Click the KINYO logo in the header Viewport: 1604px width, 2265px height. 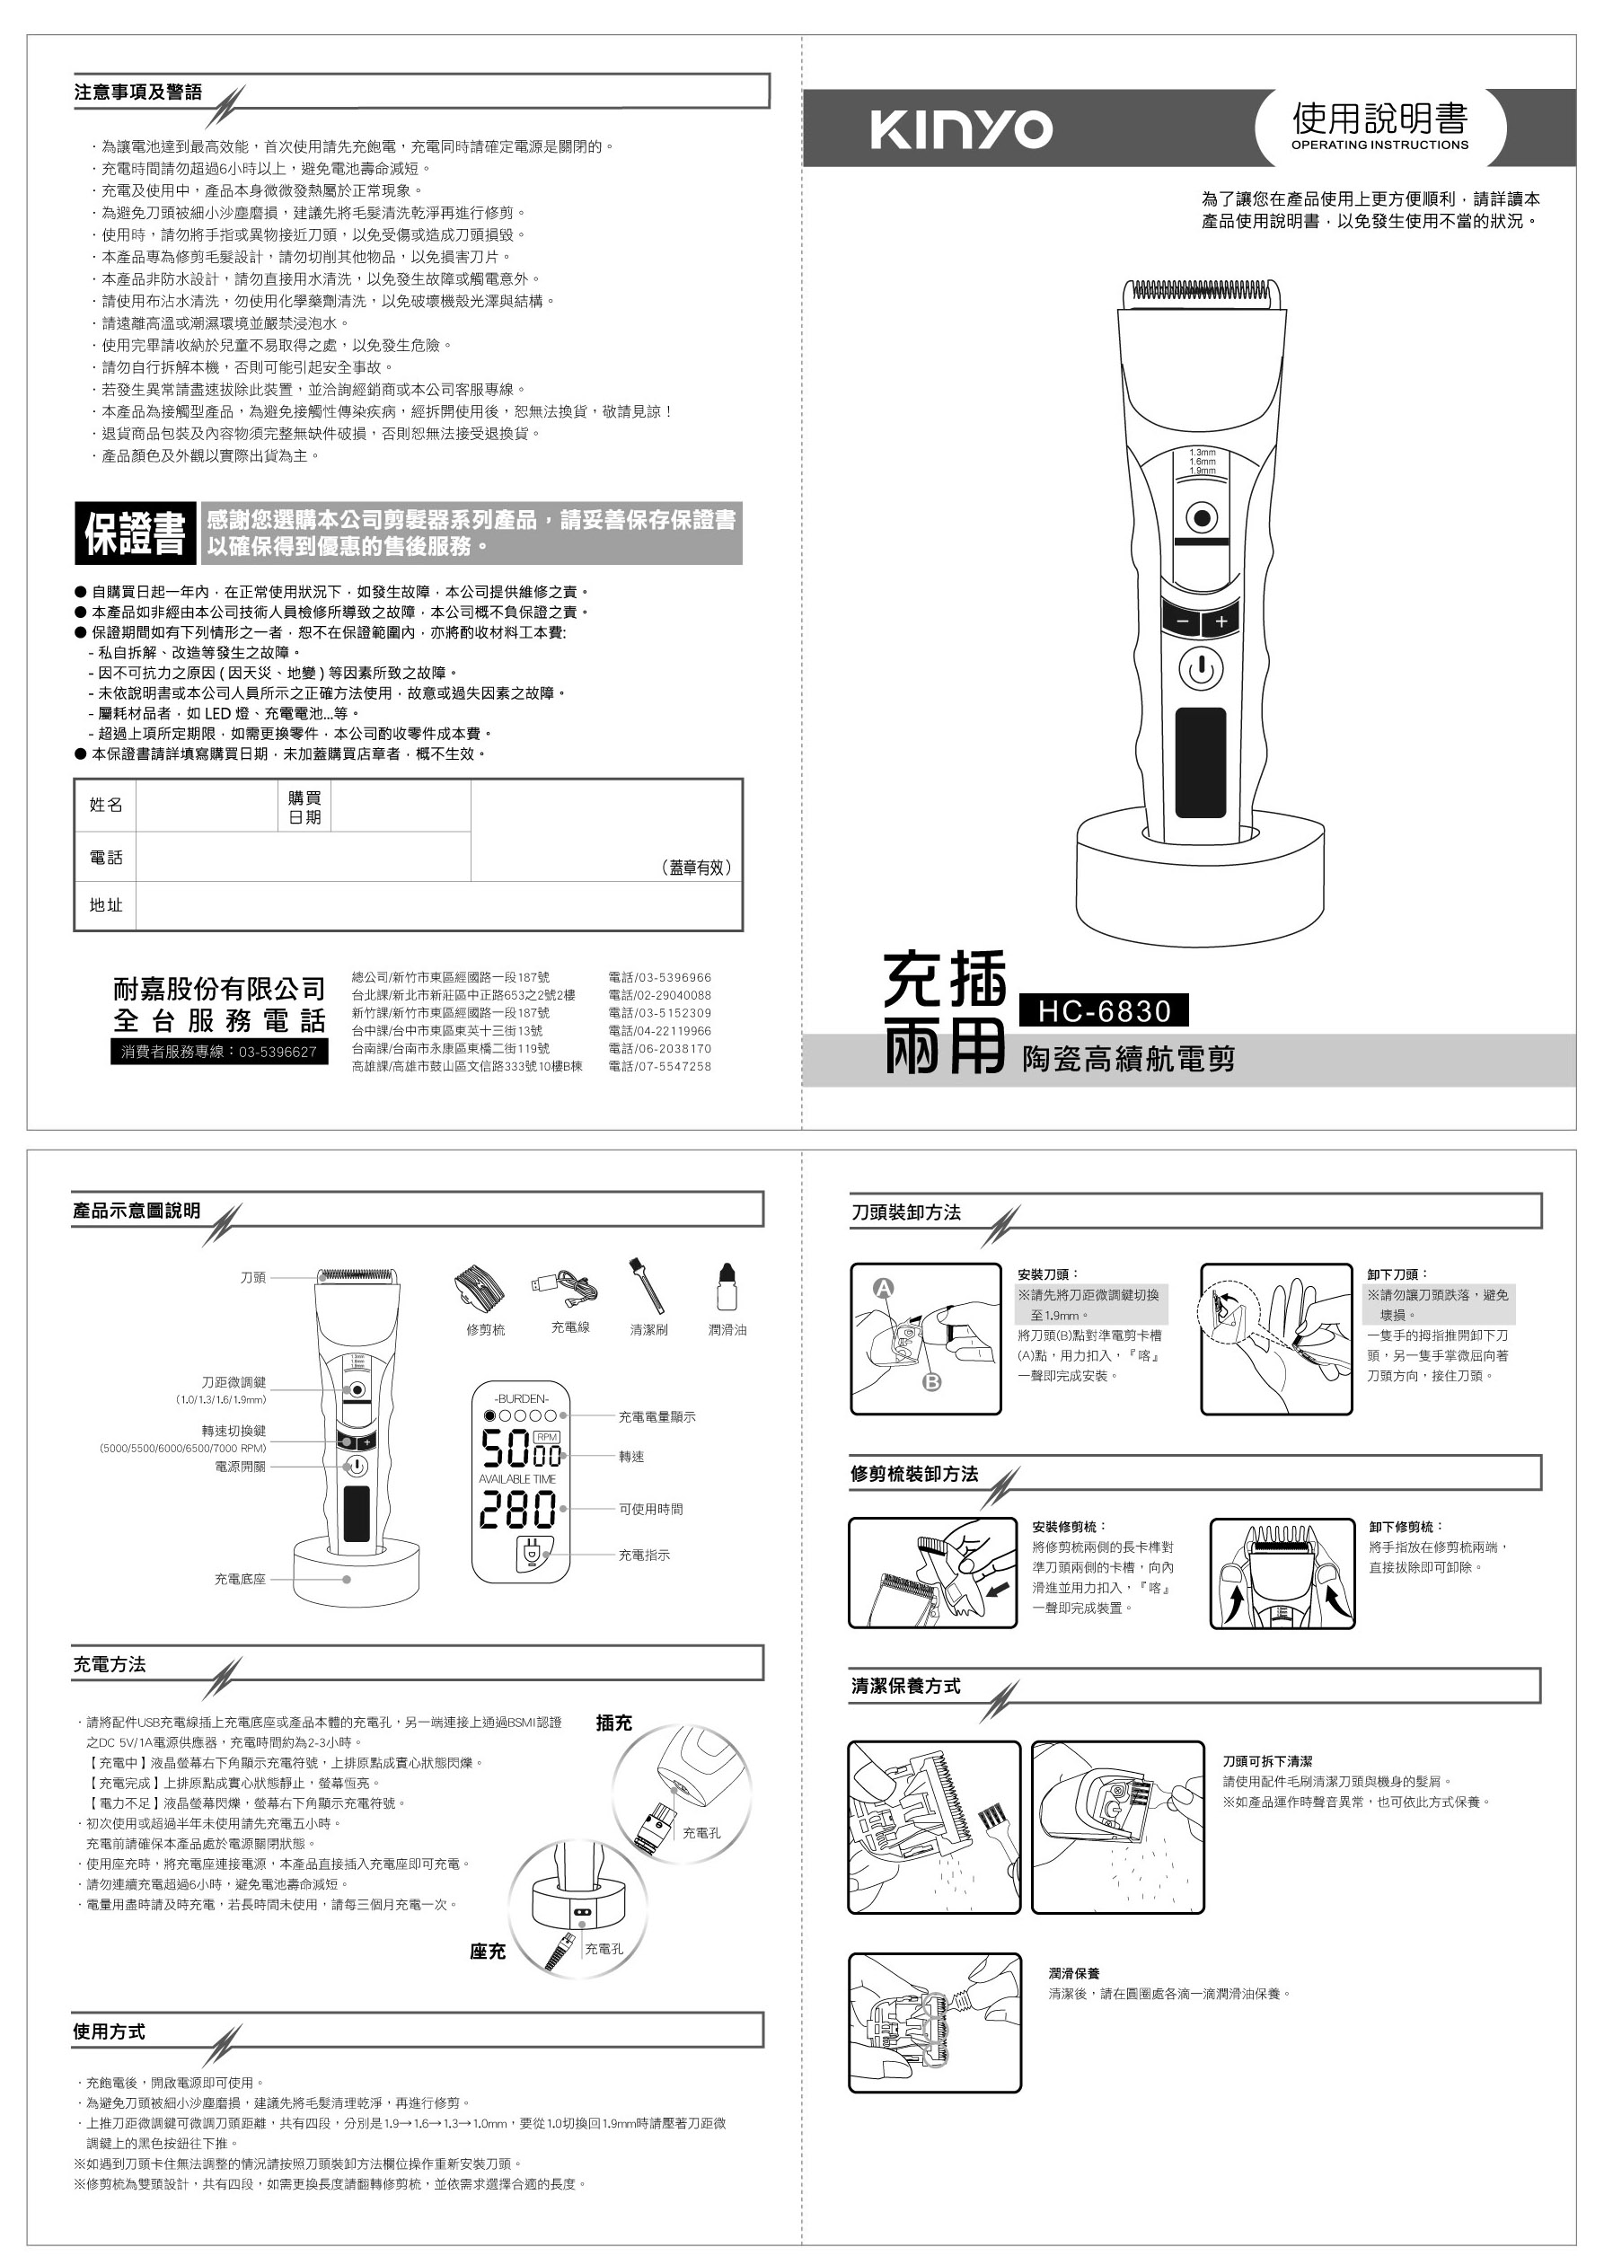(961, 129)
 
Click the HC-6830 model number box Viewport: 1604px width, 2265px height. (1103, 1010)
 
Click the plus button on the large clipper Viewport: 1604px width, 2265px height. (1221, 622)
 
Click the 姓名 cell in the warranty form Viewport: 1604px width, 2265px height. (106, 805)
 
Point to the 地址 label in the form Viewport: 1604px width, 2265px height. (106, 904)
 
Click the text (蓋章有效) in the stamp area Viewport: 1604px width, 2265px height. (696, 868)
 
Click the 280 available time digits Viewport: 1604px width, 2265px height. (517, 1511)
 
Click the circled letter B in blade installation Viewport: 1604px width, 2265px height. (931, 1382)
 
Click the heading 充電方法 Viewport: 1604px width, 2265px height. (110, 1664)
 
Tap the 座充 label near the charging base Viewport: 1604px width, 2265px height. (487, 1952)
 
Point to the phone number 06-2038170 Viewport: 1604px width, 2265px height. (659, 1049)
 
